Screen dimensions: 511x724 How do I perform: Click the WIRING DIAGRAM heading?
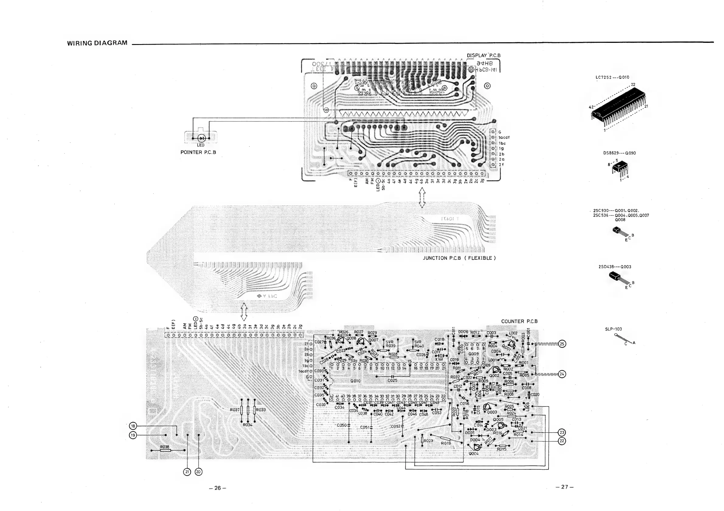point(97,43)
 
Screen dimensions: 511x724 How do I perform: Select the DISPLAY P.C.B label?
point(483,56)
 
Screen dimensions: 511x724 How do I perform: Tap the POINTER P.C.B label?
point(198,152)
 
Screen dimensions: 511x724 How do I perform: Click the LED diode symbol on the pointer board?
point(201,138)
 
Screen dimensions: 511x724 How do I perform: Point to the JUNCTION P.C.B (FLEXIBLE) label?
point(459,258)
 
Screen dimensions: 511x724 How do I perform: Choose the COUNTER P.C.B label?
point(519,321)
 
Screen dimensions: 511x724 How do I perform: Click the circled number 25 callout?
point(562,344)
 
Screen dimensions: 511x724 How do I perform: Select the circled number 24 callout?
point(562,374)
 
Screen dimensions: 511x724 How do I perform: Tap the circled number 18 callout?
point(133,426)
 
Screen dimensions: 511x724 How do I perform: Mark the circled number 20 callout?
point(198,472)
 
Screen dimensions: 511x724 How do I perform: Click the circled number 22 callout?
point(562,441)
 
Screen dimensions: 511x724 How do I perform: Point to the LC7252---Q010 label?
point(612,77)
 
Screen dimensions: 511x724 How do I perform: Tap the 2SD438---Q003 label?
point(615,267)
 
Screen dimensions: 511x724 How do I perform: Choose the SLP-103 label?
point(613,329)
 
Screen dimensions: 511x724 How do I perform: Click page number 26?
point(218,488)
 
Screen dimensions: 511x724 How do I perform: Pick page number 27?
point(564,487)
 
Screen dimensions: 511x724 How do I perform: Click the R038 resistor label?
point(165,447)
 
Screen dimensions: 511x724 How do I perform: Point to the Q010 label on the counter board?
point(355,381)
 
